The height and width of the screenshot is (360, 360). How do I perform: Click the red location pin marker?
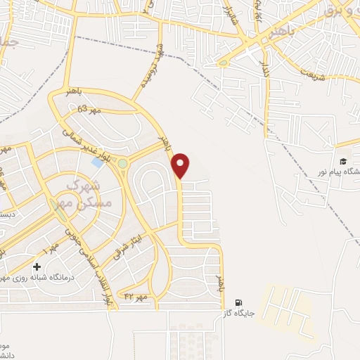(181, 164)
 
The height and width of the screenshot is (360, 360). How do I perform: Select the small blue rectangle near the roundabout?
(96, 162)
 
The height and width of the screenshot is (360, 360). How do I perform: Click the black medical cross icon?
(37, 267)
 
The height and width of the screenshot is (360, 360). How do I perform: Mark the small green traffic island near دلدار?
(224, 63)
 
